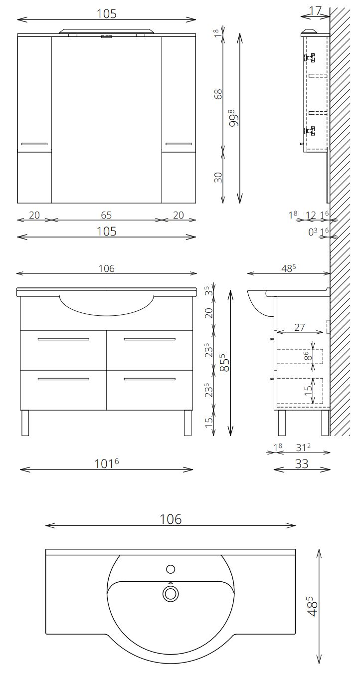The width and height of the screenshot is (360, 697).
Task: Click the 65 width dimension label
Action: pyautogui.click(x=106, y=215)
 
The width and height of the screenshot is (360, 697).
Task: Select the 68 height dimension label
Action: pyautogui.click(x=218, y=94)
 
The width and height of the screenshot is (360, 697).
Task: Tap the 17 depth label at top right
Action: pyautogui.click(x=316, y=11)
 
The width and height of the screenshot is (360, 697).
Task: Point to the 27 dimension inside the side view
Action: pyautogui.click(x=299, y=327)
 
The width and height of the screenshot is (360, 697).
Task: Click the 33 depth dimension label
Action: pyautogui.click(x=302, y=464)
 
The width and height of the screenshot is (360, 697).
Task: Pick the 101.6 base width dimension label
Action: pyautogui.click(x=106, y=464)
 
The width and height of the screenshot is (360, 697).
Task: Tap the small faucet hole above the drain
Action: pyautogui.click(x=171, y=569)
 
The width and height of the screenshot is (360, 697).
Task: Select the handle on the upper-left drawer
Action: pyautogui.click(x=63, y=339)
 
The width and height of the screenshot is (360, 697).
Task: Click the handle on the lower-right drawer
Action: pyautogui.click(x=150, y=379)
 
